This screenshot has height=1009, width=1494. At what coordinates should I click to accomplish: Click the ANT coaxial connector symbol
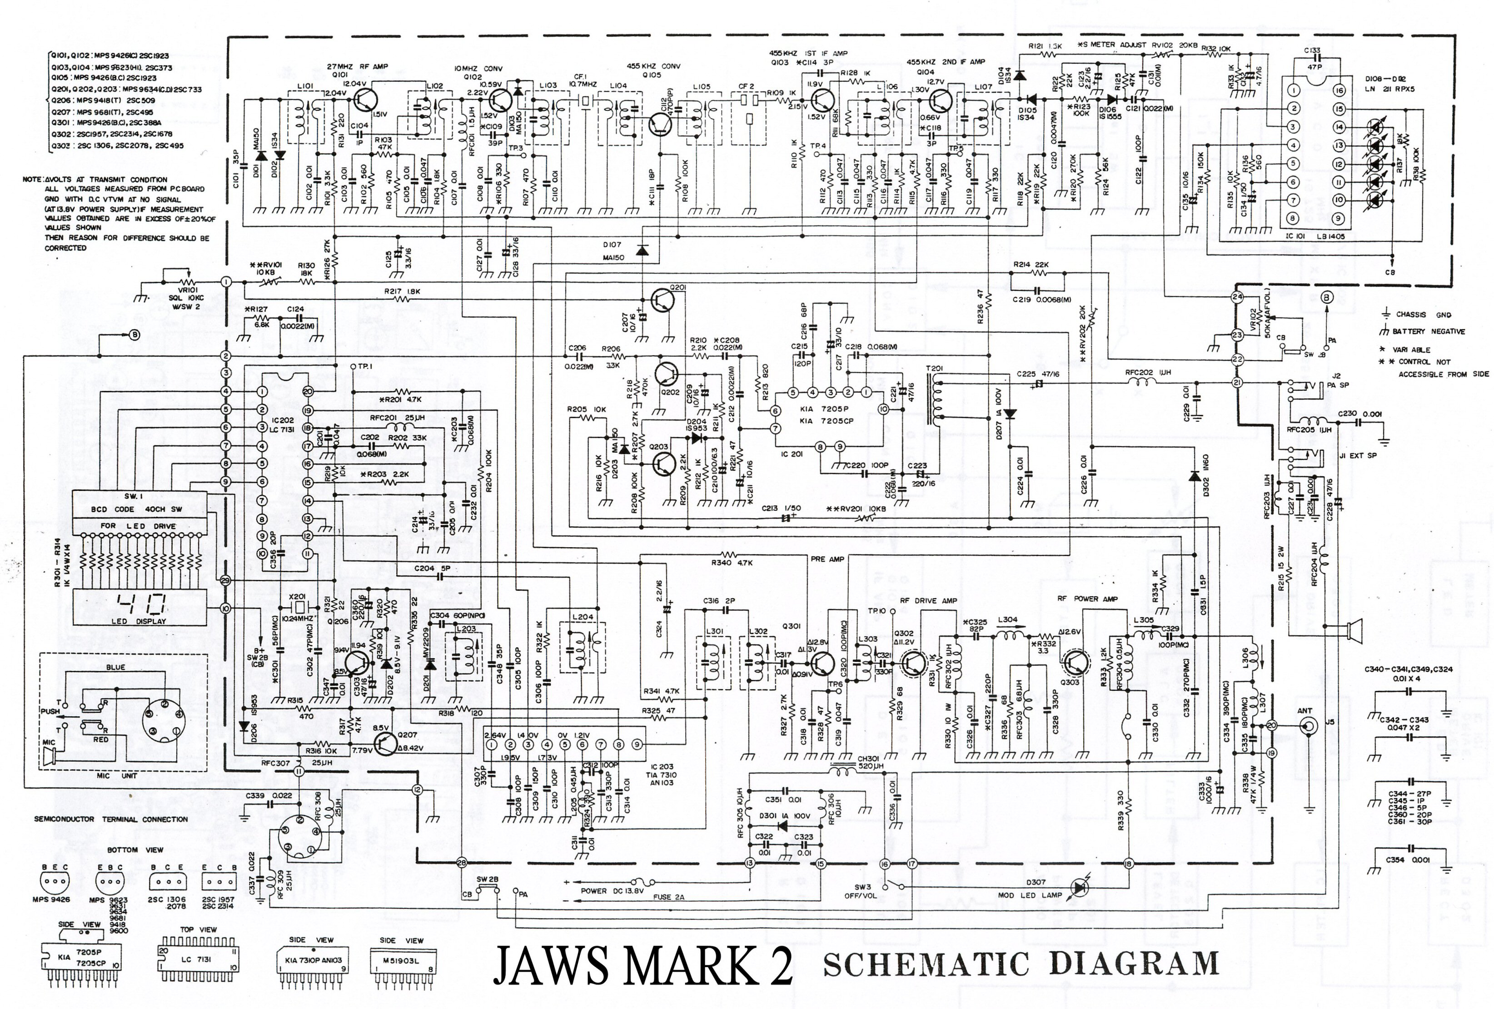pyautogui.click(x=1307, y=725)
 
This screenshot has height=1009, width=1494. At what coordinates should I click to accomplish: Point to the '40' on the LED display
pyautogui.click(x=142, y=604)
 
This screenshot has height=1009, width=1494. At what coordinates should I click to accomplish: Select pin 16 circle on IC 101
pyautogui.click(x=1339, y=91)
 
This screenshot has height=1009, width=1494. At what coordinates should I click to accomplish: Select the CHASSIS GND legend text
pyautogui.click(x=1423, y=315)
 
